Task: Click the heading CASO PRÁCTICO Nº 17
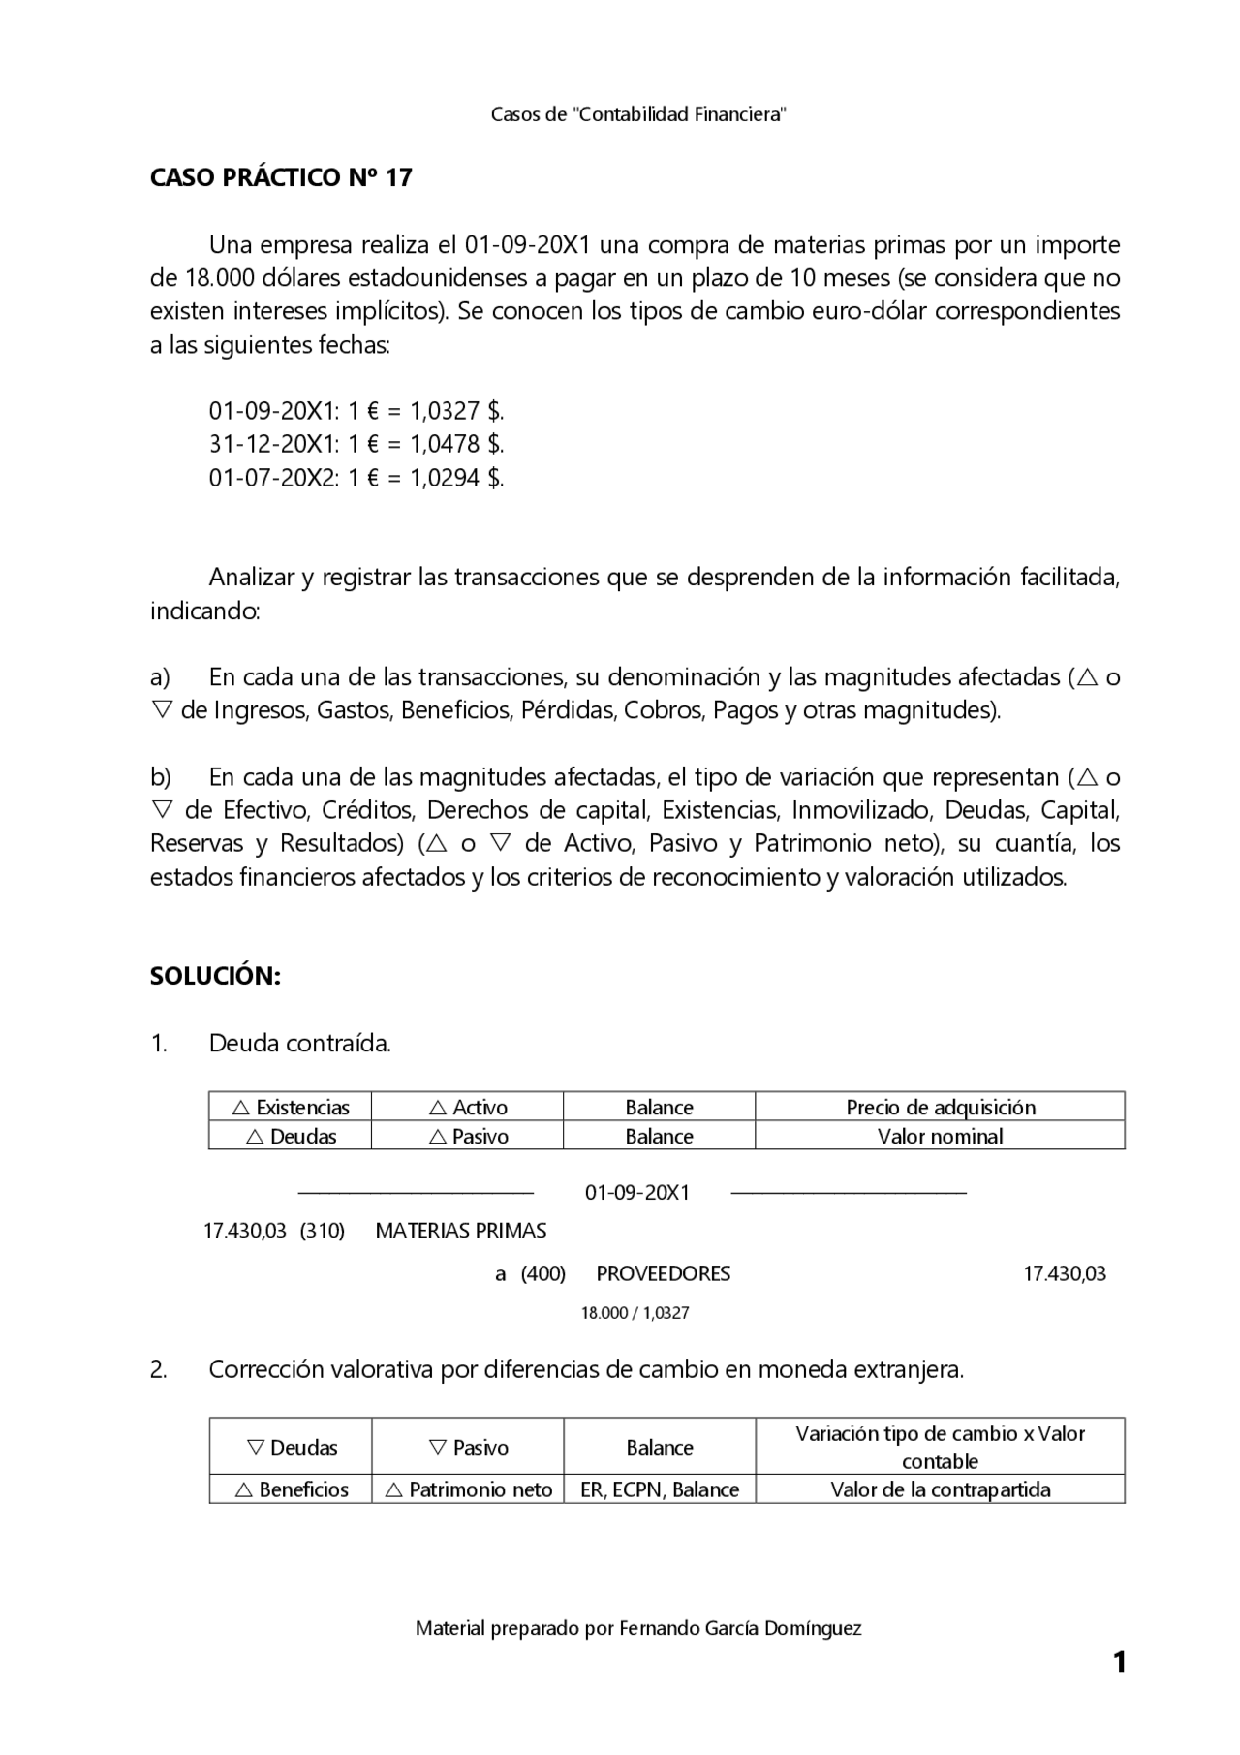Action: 281,177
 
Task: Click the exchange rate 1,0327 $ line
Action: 356,411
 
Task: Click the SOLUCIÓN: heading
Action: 215,976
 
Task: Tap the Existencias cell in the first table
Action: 291,1107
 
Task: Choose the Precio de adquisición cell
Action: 940,1107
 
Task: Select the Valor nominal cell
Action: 940,1136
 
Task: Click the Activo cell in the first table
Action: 468,1107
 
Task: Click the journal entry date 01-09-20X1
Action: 636,1192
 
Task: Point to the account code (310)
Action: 323,1231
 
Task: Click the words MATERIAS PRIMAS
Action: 460,1231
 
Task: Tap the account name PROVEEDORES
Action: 663,1273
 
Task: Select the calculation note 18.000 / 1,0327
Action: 635,1313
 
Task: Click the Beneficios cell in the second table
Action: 292,1489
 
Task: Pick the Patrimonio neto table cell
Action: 469,1489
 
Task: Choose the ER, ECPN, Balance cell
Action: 660,1489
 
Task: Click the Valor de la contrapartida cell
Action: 940,1489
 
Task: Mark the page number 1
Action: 1119,1663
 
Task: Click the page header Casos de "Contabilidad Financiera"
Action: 637,114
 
